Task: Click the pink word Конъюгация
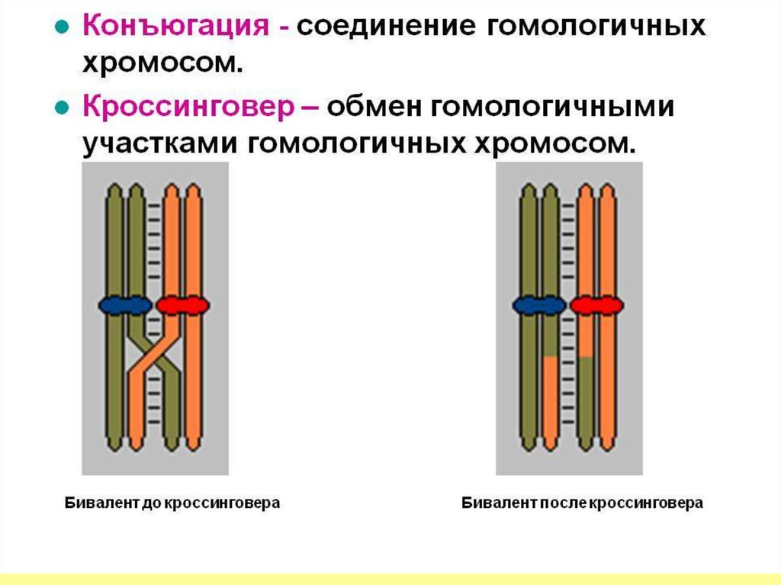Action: [x=175, y=27]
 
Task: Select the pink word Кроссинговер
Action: [x=188, y=107]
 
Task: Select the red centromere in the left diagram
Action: [x=182, y=305]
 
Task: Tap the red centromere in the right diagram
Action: [x=596, y=305]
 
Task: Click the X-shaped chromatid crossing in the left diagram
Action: [x=154, y=356]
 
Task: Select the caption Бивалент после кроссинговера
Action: [x=582, y=503]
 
